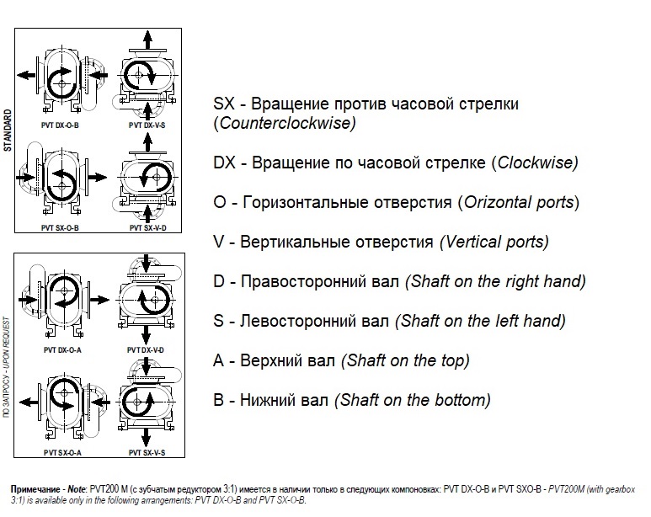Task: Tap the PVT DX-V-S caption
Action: coord(147,125)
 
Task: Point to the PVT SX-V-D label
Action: coord(147,227)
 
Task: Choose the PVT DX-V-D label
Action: coord(147,349)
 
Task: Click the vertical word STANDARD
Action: coord(8,130)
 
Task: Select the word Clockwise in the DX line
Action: coord(536,163)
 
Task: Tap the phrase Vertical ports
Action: coord(494,242)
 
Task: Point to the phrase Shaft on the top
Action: coord(405,360)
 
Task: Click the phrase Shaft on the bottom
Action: coord(413,400)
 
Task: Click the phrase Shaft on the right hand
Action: coord(496,281)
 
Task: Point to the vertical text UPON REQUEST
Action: coord(8,340)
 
